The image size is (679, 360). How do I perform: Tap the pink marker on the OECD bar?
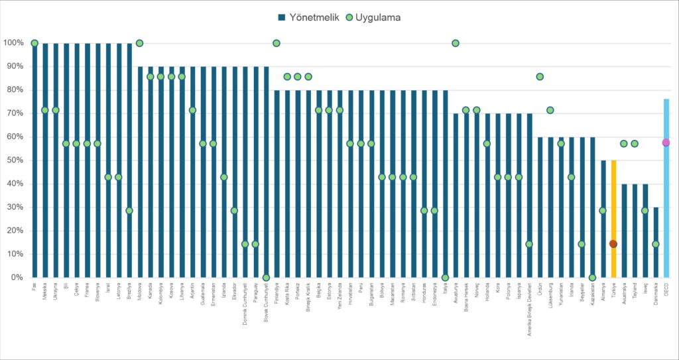(x=666, y=143)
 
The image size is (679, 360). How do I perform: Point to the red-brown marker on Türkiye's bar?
(x=613, y=244)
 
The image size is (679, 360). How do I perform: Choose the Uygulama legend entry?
(x=376, y=17)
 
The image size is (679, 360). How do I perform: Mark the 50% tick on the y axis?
(x=14, y=160)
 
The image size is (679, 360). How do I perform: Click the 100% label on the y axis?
(x=13, y=43)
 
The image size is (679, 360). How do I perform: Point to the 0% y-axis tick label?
(x=16, y=278)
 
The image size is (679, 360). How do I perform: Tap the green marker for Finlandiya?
(x=277, y=43)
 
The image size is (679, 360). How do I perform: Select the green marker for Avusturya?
(x=456, y=43)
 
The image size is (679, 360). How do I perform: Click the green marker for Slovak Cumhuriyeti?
(x=266, y=278)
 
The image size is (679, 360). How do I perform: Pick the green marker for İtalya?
(x=445, y=278)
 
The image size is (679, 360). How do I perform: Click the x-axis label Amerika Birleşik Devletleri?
(x=529, y=310)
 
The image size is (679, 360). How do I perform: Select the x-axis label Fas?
(x=34, y=286)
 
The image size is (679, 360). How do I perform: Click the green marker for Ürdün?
(x=540, y=77)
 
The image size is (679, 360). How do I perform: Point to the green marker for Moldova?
(x=139, y=43)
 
